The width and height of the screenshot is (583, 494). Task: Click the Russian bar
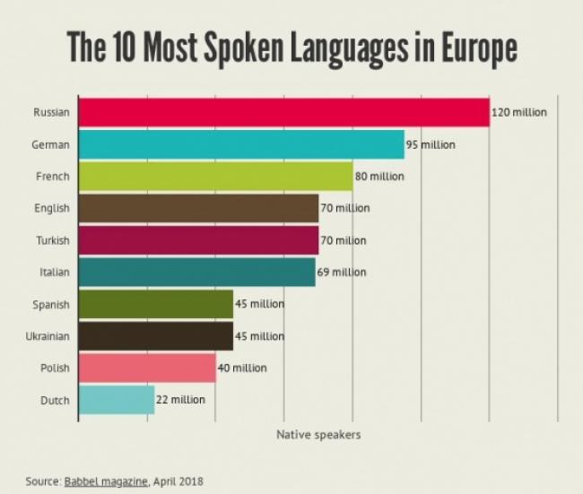coord(283,112)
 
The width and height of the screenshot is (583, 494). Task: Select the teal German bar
coord(240,144)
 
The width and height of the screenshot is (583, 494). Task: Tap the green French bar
coord(215,177)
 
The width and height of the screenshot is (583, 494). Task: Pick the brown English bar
coord(198,208)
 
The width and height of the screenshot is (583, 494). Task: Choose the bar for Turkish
coord(198,240)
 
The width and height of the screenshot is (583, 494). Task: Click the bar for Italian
coord(196,272)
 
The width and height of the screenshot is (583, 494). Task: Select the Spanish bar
coord(155,304)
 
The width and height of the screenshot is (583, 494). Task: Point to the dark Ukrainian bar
coord(155,336)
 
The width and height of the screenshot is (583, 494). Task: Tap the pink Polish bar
coord(147,368)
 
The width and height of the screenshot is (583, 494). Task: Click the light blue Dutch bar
coord(117,400)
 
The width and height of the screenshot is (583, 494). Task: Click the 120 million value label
coord(518,113)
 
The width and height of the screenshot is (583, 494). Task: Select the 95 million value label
coord(431,144)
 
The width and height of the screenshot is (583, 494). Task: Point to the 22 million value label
coord(180,400)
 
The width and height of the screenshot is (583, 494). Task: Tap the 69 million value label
coord(342,273)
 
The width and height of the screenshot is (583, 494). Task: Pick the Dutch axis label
coord(56,400)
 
